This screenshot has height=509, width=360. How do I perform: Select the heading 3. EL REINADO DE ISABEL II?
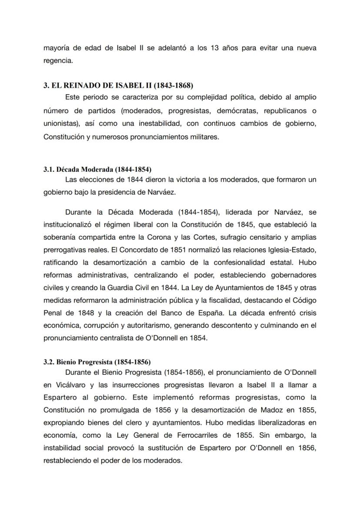[118, 85]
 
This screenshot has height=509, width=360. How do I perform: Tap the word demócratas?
[233, 110]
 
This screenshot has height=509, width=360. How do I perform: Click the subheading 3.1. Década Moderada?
[97, 169]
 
